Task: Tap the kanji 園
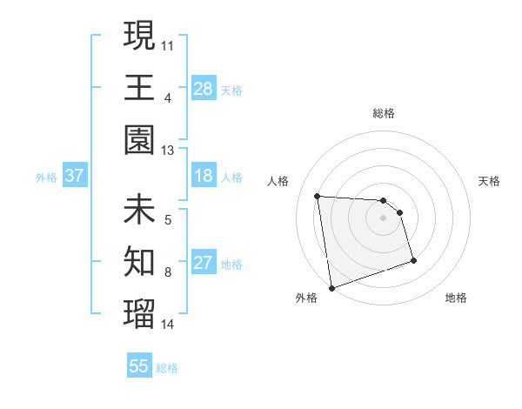pyautogui.click(x=139, y=140)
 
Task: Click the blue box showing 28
pyautogui.click(x=204, y=88)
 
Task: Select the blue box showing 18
pyautogui.click(x=204, y=177)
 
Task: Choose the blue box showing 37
pyautogui.click(x=75, y=177)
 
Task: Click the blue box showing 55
pyautogui.click(x=139, y=366)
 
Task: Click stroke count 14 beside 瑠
pyautogui.click(x=168, y=325)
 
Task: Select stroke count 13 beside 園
pyautogui.click(x=168, y=151)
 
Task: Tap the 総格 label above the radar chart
pyautogui.click(x=384, y=113)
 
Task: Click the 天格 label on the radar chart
pyautogui.click(x=490, y=181)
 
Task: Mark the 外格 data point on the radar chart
pyautogui.click(x=331, y=287)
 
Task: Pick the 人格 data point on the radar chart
pyautogui.click(x=318, y=196)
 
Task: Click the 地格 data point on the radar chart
pyautogui.click(x=413, y=260)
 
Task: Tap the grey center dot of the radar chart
pyautogui.click(x=384, y=218)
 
